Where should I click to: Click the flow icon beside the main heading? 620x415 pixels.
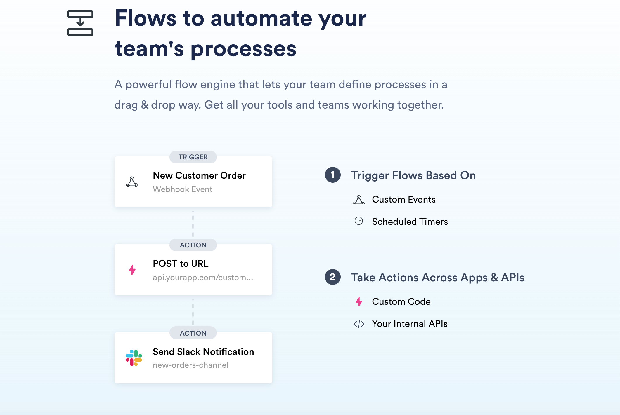(80, 23)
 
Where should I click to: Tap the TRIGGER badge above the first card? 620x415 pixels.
(193, 157)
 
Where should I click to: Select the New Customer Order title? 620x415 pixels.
(199, 175)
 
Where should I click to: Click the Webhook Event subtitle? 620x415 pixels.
(182, 189)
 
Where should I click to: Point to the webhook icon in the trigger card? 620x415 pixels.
(132, 182)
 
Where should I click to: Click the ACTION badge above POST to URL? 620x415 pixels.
(193, 245)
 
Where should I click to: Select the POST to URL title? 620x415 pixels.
(181, 264)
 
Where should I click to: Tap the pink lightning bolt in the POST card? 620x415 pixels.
(132, 270)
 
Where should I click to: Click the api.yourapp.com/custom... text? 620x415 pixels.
(203, 277)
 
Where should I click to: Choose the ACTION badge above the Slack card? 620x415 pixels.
(193, 333)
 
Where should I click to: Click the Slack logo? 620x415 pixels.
(134, 358)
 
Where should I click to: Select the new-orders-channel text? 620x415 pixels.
(190, 365)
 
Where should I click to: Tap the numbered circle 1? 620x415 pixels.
(333, 175)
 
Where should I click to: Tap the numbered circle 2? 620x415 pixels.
(333, 277)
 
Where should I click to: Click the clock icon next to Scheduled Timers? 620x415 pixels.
(359, 221)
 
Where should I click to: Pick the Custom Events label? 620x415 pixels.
(404, 199)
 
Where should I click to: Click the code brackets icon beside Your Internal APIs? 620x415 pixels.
(359, 324)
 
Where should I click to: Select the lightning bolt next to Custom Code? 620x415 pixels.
(359, 301)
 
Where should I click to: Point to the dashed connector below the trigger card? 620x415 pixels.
(193, 224)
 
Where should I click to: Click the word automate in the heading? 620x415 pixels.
(261, 18)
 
